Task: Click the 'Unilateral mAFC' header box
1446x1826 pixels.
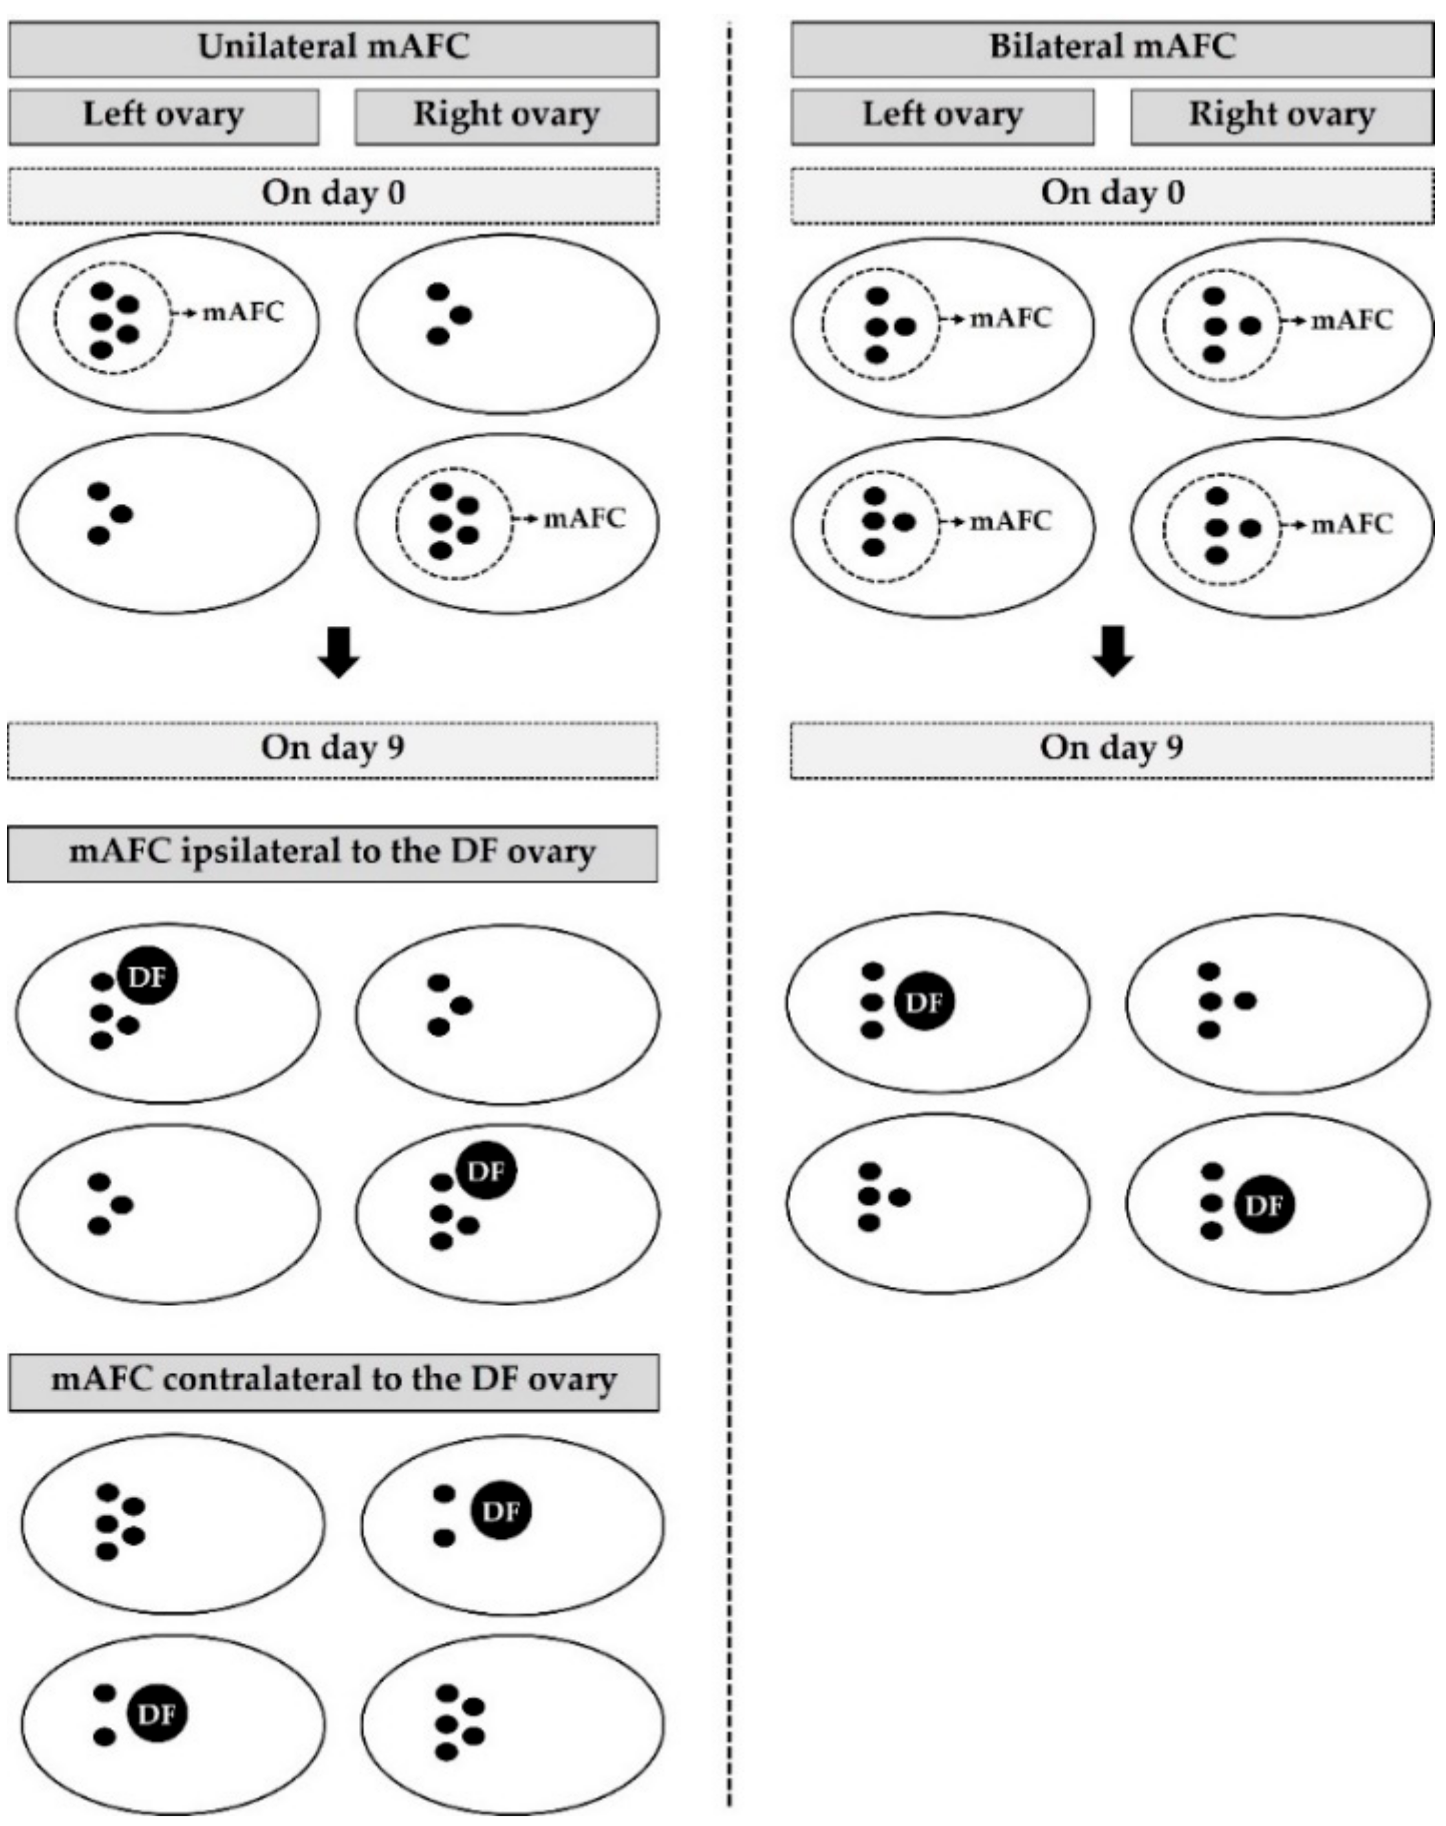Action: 334,47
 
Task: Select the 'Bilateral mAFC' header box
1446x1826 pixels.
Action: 1112,47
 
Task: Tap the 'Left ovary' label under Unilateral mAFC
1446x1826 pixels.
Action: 164,116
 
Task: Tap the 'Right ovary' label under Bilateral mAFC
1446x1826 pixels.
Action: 1281,116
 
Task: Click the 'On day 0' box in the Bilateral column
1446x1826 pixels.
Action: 1112,195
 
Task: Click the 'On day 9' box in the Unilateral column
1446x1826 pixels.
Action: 332,749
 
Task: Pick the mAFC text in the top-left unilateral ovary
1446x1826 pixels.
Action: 243,313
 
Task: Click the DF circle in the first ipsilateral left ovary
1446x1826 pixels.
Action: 147,977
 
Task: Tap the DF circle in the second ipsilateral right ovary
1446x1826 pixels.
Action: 486,1172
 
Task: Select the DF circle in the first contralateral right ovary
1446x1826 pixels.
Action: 501,1511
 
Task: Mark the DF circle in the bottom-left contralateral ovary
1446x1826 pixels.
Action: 156,1714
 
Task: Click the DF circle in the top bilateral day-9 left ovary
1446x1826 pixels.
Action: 923,1002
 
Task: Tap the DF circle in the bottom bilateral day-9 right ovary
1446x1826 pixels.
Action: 1265,1204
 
